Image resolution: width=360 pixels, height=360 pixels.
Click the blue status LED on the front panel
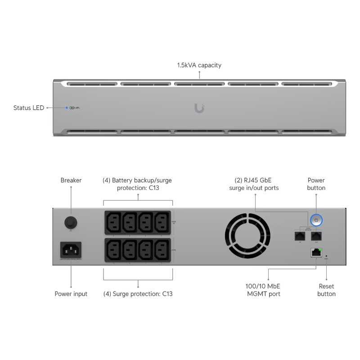pyautogui.click(x=67, y=108)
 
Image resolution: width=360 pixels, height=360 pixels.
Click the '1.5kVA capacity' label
pyautogui.click(x=199, y=65)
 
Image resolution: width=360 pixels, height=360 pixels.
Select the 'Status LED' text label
pyautogui.click(x=29, y=108)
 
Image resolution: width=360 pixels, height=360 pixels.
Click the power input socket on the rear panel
pyautogui.click(x=71, y=250)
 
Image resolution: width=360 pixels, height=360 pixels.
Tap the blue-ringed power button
pyautogui.click(x=316, y=220)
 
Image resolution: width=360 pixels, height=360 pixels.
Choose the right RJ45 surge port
pyautogui.click(x=316, y=235)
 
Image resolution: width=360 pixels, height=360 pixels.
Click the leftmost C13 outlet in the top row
pyautogui.click(x=113, y=222)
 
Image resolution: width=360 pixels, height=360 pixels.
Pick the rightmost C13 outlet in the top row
pyautogui.click(x=162, y=222)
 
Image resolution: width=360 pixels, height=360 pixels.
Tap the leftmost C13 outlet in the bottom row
pyautogui.click(x=113, y=249)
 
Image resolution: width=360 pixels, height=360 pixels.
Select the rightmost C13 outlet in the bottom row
pyautogui.click(x=162, y=249)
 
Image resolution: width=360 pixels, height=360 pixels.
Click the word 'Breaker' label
pyautogui.click(x=71, y=180)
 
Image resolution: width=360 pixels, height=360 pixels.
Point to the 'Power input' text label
pyautogui.click(x=71, y=294)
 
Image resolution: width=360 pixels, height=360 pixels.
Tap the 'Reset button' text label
pyautogui.click(x=326, y=290)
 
